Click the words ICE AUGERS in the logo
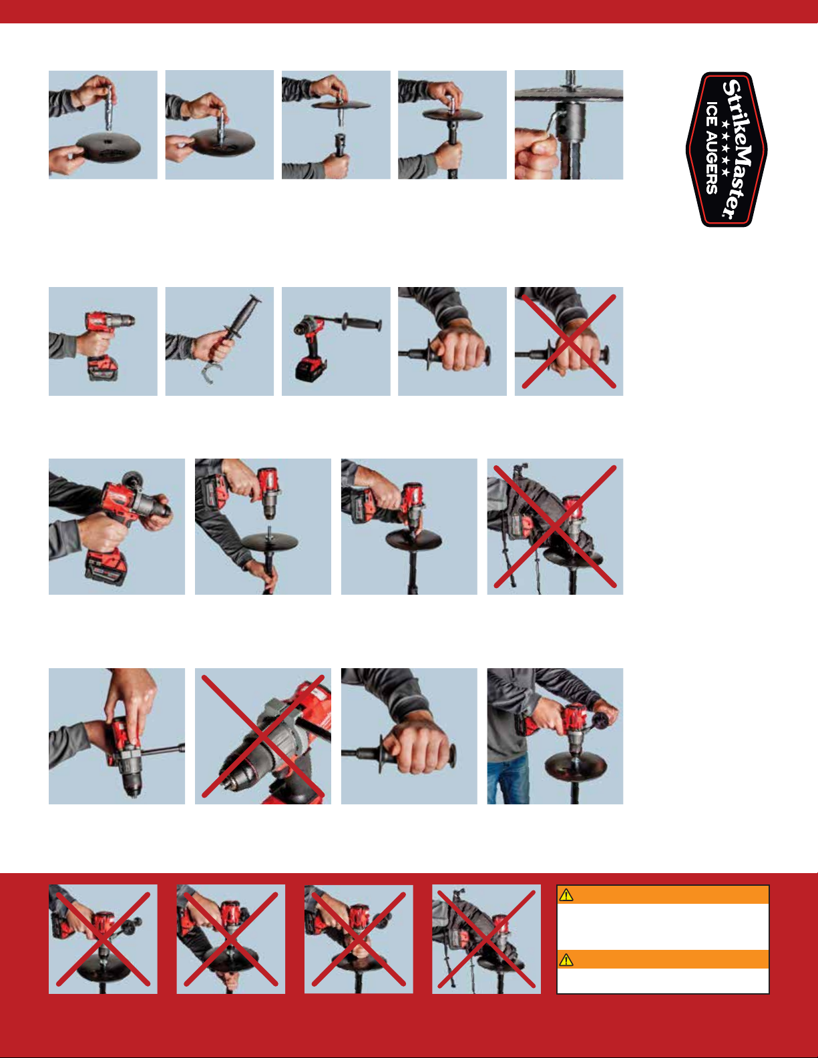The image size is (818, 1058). tap(712, 148)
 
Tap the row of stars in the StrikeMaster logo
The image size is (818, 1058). tap(725, 148)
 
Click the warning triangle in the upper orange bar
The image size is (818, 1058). tap(566, 895)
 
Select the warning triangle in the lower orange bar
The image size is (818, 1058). tap(566, 960)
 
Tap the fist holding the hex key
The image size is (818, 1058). tap(536, 154)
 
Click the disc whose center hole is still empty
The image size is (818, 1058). tap(108, 147)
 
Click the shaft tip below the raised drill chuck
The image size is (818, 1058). tap(269, 530)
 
